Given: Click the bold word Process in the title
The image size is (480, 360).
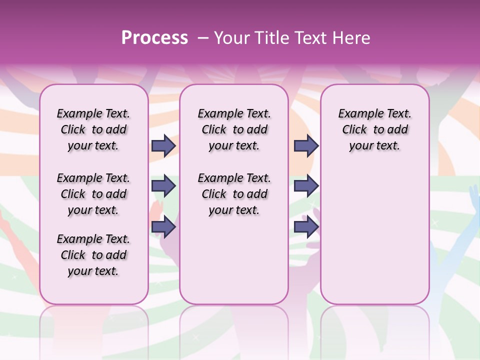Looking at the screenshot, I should (x=154, y=38).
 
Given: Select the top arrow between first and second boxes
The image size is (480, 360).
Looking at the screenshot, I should (x=163, y=146).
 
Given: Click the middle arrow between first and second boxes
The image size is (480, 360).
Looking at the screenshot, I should (x=163, y=186).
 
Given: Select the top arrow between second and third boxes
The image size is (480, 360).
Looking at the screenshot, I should (x=306, y=146).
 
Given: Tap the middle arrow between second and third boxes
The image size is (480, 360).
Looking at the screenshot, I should (x=306, y=186).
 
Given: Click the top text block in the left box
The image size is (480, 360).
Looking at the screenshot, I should (x=93, y=130).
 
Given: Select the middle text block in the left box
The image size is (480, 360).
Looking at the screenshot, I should (x=93, y=194).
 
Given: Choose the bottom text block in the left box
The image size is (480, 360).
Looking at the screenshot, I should (x=93, y=255).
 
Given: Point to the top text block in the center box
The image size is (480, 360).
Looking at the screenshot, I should (x=234, y=130).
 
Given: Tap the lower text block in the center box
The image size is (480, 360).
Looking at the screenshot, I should (x=234, y=194).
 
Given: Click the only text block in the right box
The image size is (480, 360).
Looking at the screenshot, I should (x=374, y=130).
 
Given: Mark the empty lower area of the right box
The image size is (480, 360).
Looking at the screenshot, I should (x=374, y=235).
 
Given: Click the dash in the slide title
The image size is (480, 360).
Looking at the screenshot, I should (x=202, y=38).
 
